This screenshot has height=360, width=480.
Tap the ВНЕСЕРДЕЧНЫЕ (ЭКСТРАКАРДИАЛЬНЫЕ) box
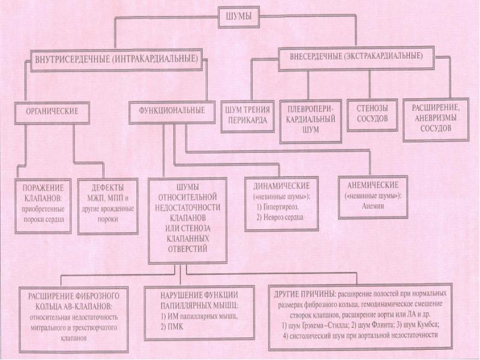pyautogui.click(x=352, y=56)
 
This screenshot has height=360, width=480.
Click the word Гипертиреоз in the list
pyautogui.click(x=278, y=206)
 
